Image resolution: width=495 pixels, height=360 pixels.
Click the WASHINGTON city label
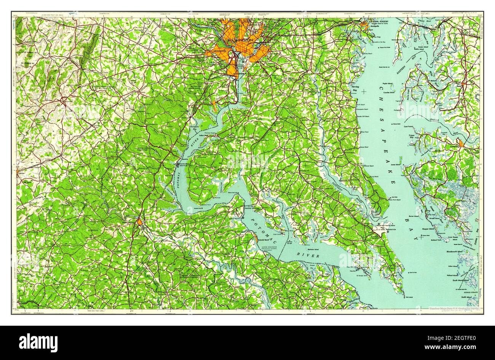click(240, 39)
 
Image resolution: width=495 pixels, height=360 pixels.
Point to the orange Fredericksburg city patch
click(140, 222)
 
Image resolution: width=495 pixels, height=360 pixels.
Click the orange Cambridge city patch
click(461, 143)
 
